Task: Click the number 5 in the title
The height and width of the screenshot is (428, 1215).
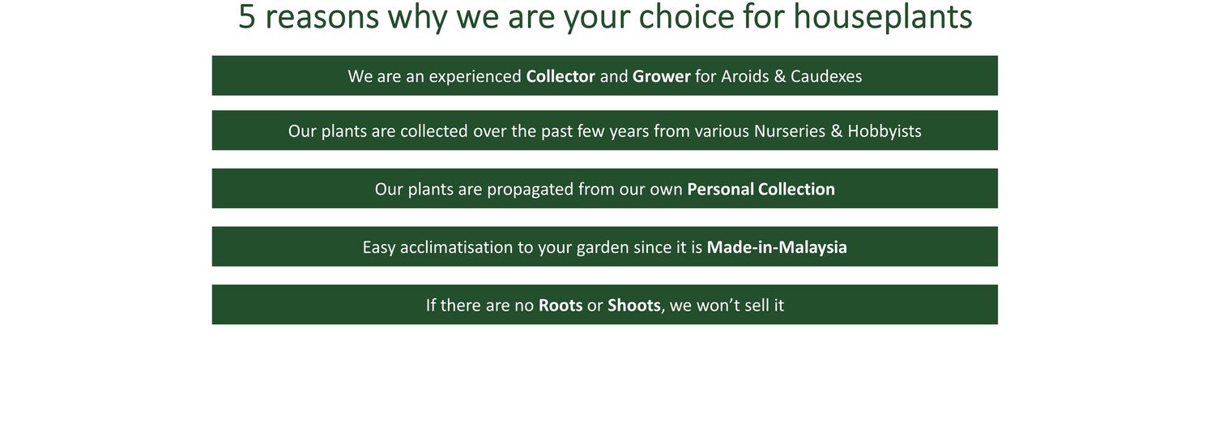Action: [247, 16]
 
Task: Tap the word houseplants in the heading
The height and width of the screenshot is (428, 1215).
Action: [883, 17]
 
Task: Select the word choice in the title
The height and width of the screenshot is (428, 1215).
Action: [685, 16]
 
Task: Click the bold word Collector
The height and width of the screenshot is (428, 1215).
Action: [561, 76]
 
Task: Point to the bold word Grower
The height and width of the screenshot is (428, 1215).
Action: [661, 76]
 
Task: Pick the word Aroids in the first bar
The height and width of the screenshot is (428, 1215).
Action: [744, 76]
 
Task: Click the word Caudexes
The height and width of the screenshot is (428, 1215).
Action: [826, 76]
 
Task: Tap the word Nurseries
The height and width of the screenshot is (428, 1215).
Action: [790, 131]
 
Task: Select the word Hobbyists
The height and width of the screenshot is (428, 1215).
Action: [885, 131]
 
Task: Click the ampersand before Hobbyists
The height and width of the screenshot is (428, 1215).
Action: [837, 131]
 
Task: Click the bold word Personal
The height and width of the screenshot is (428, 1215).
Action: [720, 189]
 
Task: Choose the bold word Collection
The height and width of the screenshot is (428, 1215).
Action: [796, 189]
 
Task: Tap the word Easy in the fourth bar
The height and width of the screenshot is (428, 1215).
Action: [378, 248]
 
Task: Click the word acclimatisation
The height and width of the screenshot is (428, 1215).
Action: [456, 247]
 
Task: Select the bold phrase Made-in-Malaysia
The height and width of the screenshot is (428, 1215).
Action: [777, 248]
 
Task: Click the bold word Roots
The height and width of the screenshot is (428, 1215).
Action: [561, 306]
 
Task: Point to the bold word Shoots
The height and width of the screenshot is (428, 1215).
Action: [634, 306]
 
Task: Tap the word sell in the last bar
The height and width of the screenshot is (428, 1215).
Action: [756, 306]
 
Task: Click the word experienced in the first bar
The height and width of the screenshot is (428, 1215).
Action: [475, 76]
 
